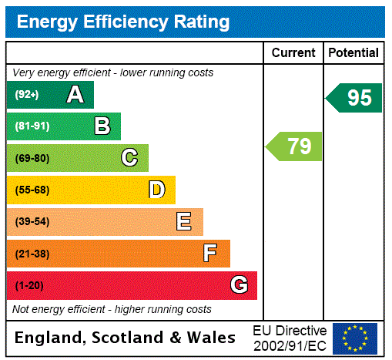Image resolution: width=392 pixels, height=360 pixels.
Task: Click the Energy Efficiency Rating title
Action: tap(123, 22)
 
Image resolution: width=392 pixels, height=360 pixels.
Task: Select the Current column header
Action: tap(293, 53)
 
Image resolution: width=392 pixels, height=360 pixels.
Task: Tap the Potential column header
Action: tap(353, 53)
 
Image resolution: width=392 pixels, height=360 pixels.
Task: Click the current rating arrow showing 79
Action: tap(295, 146)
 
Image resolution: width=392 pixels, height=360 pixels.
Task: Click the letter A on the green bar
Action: tap(75, 95)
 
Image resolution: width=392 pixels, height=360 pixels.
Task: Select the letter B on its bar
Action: tap(102, 126)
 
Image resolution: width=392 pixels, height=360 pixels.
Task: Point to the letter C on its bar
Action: tap(129, 158)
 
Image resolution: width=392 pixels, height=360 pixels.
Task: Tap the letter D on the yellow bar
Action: tap(156, 190)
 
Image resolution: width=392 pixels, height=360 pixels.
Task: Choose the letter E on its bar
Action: tap(184, 222)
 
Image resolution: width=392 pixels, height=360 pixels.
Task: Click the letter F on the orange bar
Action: tap(210, 254)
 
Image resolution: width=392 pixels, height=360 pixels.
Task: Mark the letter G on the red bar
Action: tap(239, 286)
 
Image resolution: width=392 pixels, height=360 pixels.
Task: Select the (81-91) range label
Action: tap(32, 126)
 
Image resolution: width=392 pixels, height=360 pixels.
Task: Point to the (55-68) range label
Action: tap(32, 190)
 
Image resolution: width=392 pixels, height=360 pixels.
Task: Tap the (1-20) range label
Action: tap(29, 286)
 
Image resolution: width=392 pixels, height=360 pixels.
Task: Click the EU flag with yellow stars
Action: tap(354, 338)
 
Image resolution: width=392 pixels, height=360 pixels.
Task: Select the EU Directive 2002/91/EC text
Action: tap(290, 338)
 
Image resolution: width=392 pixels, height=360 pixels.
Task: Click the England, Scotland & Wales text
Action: tap(126, 338)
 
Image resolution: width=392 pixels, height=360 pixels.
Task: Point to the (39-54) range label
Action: tap(32, 222)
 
